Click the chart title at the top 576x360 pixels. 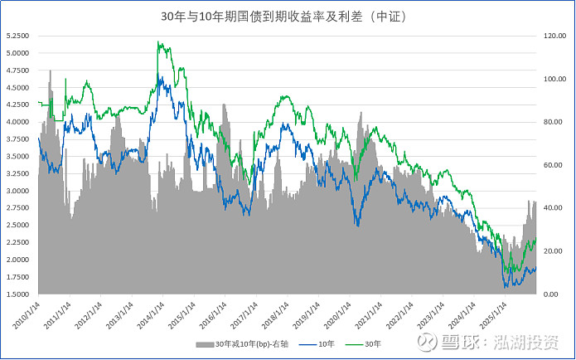click(x=288, y=15)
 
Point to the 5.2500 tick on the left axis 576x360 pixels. click(x=18, y=36)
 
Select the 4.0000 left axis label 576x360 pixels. click(x=18, y=122)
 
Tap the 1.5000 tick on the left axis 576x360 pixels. click(x=18, y=294)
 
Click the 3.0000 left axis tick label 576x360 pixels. click(x=18, y=191)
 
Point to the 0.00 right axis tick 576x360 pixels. click(x=550, y=294)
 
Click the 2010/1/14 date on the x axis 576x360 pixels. click(x=27, y=314)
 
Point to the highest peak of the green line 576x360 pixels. click(x=158, y=43)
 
